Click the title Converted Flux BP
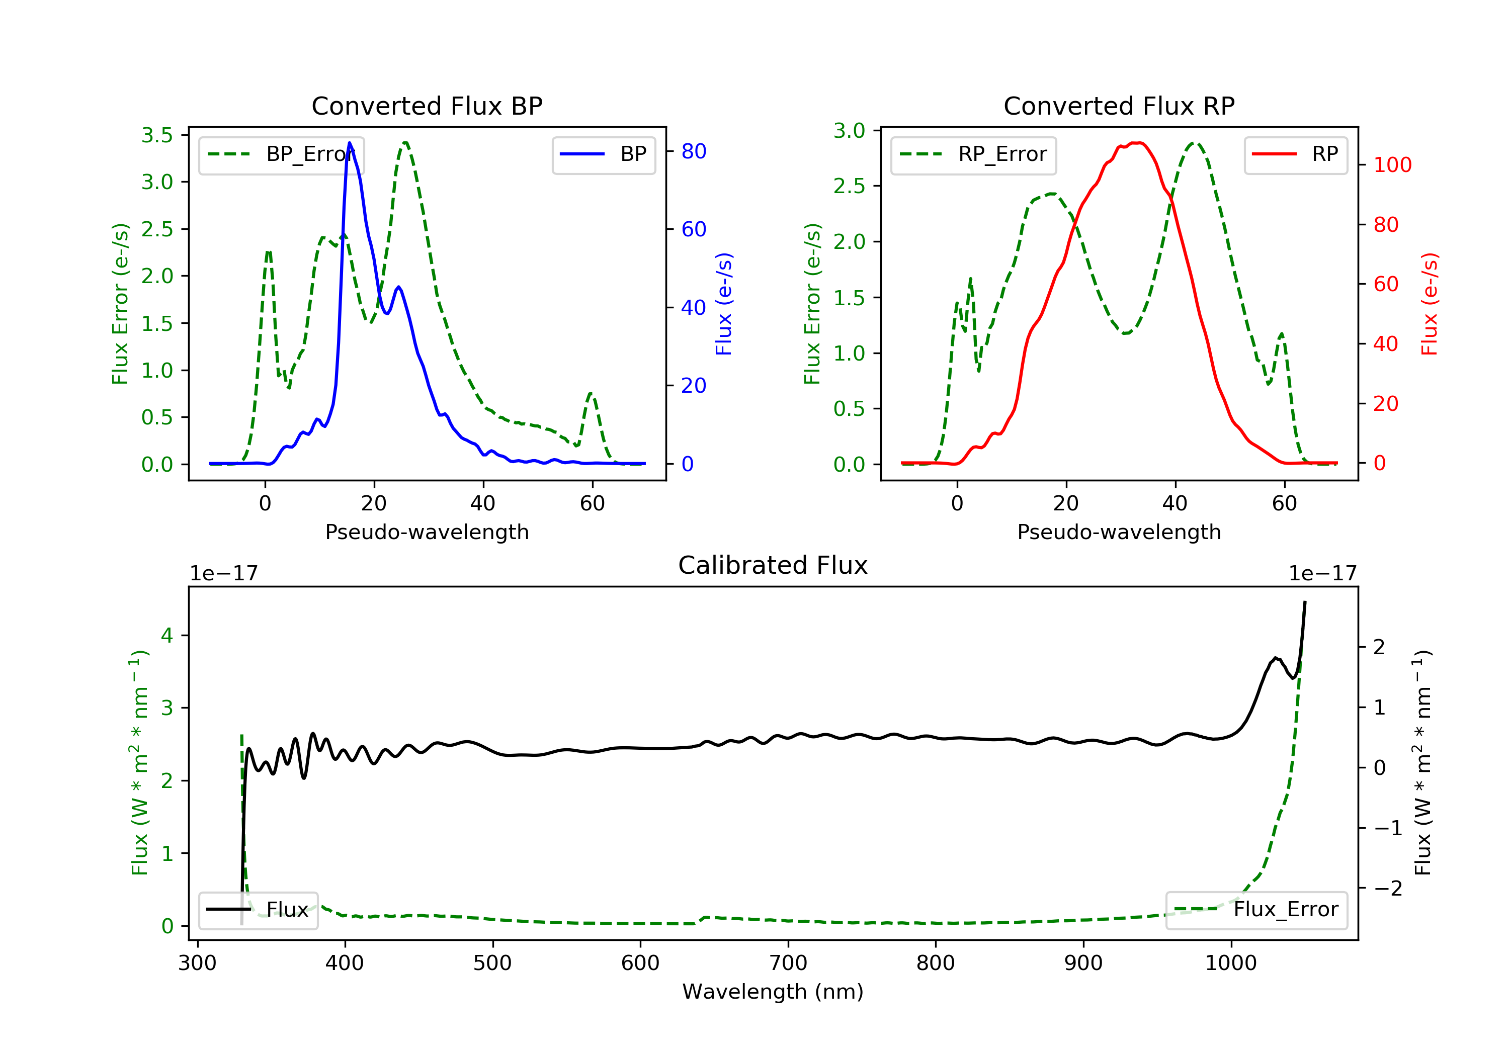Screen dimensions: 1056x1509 click(x=427, y=106)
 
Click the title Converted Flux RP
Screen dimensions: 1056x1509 click(x=1119, y=106)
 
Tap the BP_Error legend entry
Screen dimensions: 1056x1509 click(x=281, y=154)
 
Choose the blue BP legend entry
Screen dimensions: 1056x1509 click(x=603, y=154)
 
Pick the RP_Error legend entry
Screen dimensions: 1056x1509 click(x=973, y=154)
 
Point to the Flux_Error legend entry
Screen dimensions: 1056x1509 click(x=1256, y=910)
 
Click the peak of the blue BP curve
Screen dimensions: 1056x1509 click(x=350, y=143)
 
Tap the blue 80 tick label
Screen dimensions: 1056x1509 click(x=693, y=151)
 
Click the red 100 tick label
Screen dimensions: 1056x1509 click(x=1392, y=164)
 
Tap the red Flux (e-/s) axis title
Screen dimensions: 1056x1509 click(x=1429, y=304)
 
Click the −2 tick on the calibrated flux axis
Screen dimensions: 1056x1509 click(x=1387, y=889)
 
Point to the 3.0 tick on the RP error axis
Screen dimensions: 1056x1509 click(x=849, y=131)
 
